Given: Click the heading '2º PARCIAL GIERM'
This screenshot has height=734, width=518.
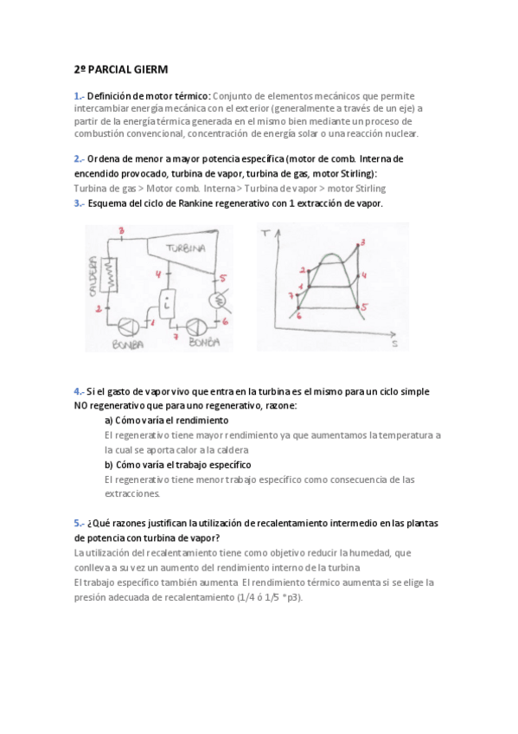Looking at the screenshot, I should pyautogui.click(x=120, y=68).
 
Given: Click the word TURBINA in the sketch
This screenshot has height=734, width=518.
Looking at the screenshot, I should pyautogui.click(x=185, y=248).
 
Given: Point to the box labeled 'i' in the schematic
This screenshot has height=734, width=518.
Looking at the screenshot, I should pyautogui.click(x=165, y=304).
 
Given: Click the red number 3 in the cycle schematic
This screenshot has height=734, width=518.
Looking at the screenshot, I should pyautogui.click(x=121, y=230).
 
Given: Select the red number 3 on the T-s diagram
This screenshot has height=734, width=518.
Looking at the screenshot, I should pyautogui.click(x=363, y=242).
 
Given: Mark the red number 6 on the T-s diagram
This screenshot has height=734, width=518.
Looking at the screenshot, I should pyautogui.click(x=298, y=315).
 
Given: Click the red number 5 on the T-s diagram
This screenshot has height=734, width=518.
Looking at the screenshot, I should pyautogui.click(x=364, y=306).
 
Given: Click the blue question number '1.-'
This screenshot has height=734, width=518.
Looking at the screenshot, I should pyautogui.click(x=80, y=95).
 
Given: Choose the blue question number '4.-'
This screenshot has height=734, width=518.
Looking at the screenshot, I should pyautogui.click(x=80, y=391).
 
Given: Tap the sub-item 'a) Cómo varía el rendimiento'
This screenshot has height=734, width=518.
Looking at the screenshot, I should pyautogui.click(x=166, y=420).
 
